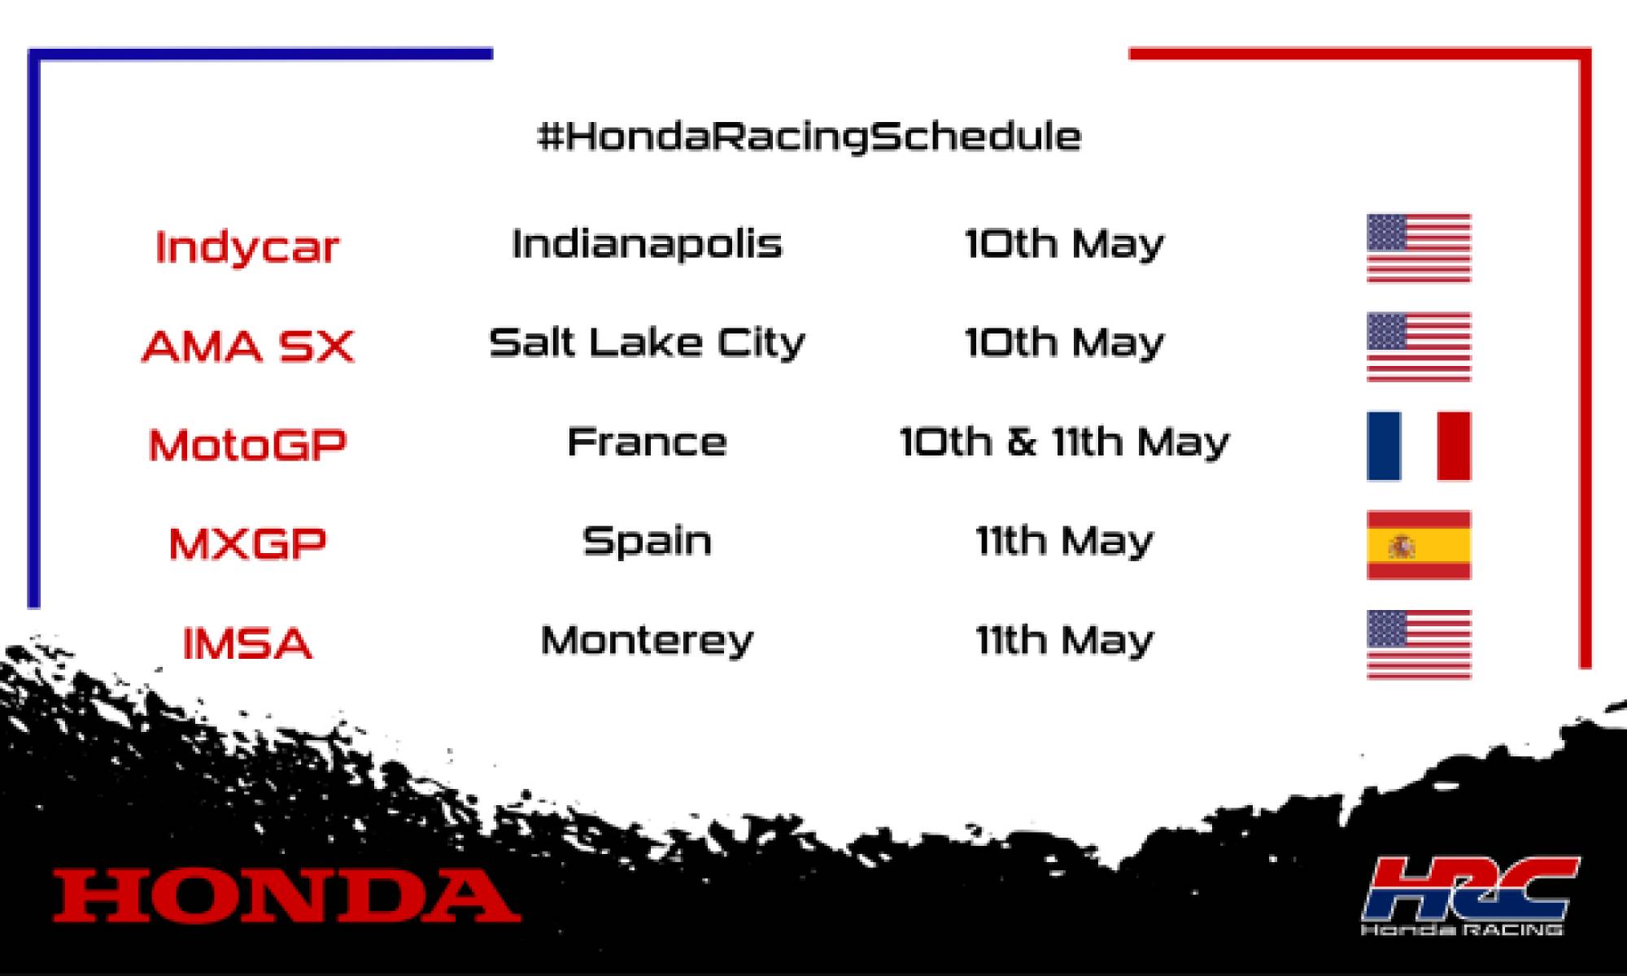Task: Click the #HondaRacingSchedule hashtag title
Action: [809, 137]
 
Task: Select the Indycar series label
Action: [246, 246]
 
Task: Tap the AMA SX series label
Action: [248, 346]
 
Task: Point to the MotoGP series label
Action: [248, 445]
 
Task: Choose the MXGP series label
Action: [248, 543]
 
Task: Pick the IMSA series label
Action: [248, 643]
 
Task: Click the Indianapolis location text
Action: [647, 243]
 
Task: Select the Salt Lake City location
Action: [647, 342]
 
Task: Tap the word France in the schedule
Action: [647, 442]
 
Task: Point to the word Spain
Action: [647, 541]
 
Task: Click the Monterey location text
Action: [647, 641]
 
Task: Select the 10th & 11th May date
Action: [1064, 442]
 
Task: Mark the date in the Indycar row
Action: [1064, 244]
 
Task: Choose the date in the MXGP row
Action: [1064, 541]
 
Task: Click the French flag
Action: [1419, 446]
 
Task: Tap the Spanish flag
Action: [1419, 545]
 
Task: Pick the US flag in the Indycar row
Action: [1419, 248]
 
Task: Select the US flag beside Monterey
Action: [1419, 644]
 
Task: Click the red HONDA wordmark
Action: [286, 895]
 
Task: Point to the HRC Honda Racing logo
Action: [1470, 895]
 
